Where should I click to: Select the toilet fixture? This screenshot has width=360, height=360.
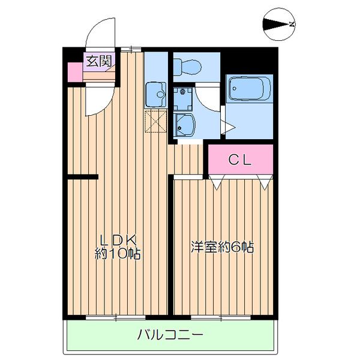click(187, 64)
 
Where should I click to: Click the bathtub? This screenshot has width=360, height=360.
click(249, 91)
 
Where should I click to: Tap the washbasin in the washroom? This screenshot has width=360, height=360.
click(185, 124)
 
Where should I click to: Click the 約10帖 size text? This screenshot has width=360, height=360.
click(118, 254)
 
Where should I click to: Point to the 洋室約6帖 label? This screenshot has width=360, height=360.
click(222, 247)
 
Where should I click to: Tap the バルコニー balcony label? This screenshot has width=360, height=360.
click(170, 334)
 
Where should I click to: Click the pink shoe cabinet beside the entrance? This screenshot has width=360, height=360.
click(74, 71)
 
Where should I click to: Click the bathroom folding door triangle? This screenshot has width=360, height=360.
click(228, 127)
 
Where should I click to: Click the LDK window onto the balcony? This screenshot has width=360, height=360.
click(115, 316)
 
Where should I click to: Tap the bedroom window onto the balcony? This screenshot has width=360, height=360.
click(221, 316)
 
